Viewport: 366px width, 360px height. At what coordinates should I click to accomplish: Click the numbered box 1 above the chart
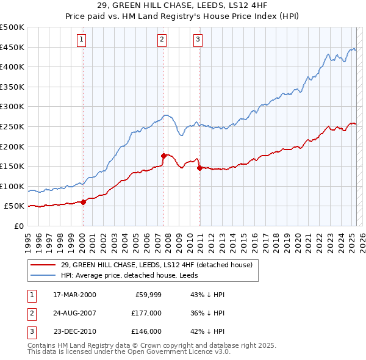click(82, 40)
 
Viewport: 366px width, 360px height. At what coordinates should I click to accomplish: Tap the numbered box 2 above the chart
click(162, 40)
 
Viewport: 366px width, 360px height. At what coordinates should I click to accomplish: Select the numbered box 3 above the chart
click(198, 40)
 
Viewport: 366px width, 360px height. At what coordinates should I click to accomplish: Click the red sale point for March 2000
click(84, 202)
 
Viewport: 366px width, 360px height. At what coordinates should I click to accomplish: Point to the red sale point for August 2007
click(163, 156)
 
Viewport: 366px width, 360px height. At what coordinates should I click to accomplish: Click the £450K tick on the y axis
click(13, 47)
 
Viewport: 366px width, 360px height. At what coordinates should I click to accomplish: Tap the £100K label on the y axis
click(13, 186)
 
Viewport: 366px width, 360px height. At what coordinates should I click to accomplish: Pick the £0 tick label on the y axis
click(19, 226)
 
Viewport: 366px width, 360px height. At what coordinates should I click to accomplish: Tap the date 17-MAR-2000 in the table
click(75, 295)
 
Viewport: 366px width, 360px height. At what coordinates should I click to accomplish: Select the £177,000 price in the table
click(146, 313)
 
